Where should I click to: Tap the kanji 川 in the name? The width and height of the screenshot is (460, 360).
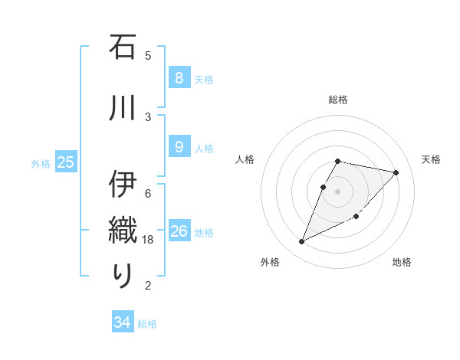123,106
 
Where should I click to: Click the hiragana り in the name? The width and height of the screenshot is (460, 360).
123,275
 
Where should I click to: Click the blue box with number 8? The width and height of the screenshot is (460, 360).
179,78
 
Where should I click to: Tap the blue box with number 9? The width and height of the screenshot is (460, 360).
179,147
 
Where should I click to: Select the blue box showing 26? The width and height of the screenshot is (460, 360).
179,231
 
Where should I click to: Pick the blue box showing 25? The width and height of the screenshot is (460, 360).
65,162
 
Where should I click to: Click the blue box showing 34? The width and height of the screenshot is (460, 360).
122,322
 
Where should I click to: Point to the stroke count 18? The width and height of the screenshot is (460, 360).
149,240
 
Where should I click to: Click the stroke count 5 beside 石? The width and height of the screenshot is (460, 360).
148,56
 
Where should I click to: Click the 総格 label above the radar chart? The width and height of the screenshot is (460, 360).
338,100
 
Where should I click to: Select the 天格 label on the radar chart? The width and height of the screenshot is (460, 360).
431,159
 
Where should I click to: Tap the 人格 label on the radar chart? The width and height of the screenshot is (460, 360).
245,159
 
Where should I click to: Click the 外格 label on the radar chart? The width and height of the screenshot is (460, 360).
270,262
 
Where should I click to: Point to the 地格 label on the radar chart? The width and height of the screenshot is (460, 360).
402,262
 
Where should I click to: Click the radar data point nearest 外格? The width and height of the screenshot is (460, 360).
302,242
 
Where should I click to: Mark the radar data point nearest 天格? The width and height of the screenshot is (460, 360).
396,173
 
